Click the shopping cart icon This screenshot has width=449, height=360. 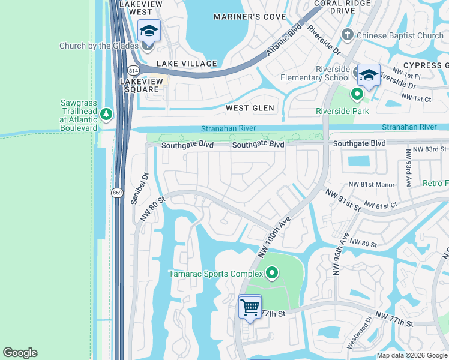[250, 307]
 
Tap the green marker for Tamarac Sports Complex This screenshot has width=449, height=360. [272, 274]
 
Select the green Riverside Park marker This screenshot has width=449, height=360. [357, 95]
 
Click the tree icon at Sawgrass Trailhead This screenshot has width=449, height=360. [106, 113]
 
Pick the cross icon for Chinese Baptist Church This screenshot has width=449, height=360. [348, 35]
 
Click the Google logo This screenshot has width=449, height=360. [20, 353]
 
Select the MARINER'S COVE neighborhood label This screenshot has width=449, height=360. [250, 17]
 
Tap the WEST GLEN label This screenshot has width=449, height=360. [250, 108]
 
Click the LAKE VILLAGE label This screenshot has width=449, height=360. [187, 64]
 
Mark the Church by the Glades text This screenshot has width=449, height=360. [98, 46]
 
